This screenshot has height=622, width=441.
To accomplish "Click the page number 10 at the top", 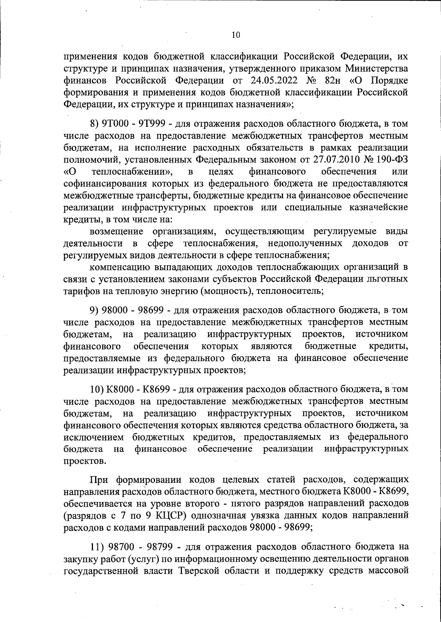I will [236, 35].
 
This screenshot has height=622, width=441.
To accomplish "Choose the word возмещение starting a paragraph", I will [116, 232].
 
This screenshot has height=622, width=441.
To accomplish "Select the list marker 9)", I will [94, 310].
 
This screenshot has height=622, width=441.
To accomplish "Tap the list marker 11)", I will [97, 548].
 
